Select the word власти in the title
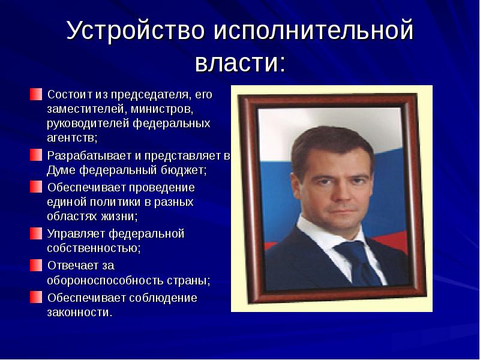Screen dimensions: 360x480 [x=235, y=62]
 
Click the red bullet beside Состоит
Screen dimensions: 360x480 [x=37, y=94]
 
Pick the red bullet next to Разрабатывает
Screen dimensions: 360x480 [x=37, y=155]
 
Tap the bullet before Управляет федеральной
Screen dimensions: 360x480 [x=37, y=233]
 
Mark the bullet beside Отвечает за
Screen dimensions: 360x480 [x=37, y=265]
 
